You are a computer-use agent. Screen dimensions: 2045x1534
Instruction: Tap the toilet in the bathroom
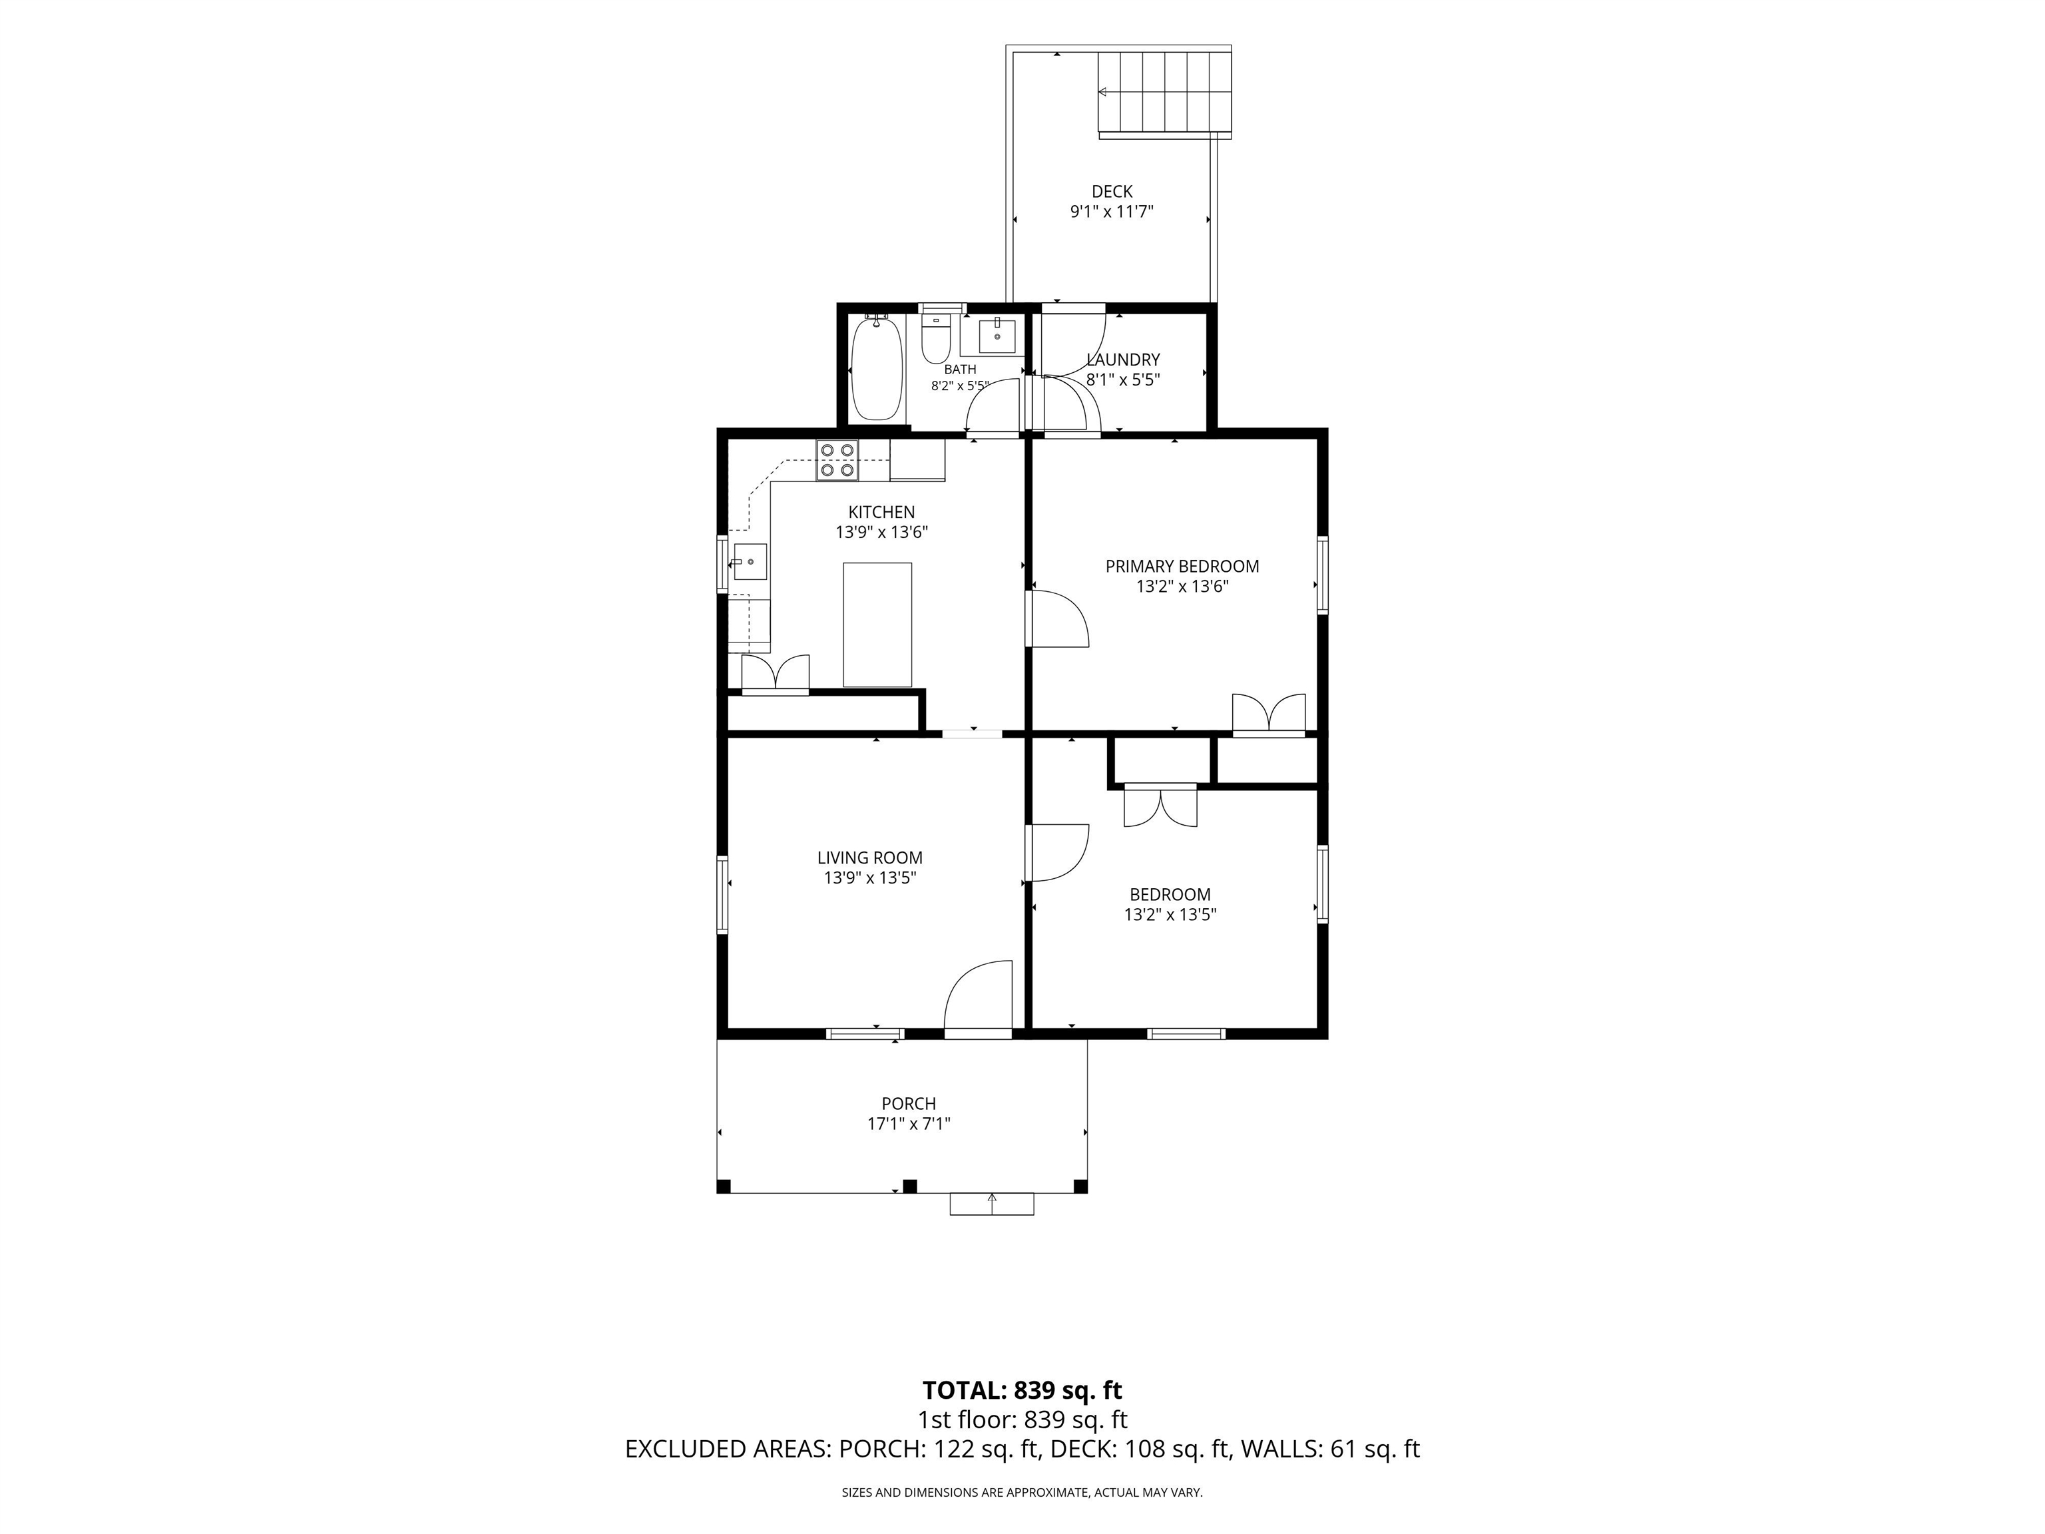click(935, 340)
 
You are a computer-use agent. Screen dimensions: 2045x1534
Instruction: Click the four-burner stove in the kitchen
click(837, 461)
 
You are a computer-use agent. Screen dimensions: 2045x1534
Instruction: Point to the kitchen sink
click(750, 562)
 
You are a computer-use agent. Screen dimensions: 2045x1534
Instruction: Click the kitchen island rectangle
click(877, 625)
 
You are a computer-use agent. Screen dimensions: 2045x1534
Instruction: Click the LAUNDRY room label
click(1123, 360)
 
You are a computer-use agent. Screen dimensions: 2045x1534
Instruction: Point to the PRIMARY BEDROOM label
click(1182, 566)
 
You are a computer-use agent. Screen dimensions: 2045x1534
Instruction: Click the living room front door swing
click(978, 996)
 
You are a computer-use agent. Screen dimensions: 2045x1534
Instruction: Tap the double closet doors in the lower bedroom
click(1160, 806)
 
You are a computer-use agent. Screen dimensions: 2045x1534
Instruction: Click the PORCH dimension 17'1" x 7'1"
click(909, 1123)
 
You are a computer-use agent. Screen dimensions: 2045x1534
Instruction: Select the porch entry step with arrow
click(992, 1203)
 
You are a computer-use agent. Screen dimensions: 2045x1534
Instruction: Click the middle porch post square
click(910, 1185)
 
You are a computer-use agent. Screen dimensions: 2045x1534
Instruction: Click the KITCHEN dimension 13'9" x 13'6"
click(882, 532)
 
